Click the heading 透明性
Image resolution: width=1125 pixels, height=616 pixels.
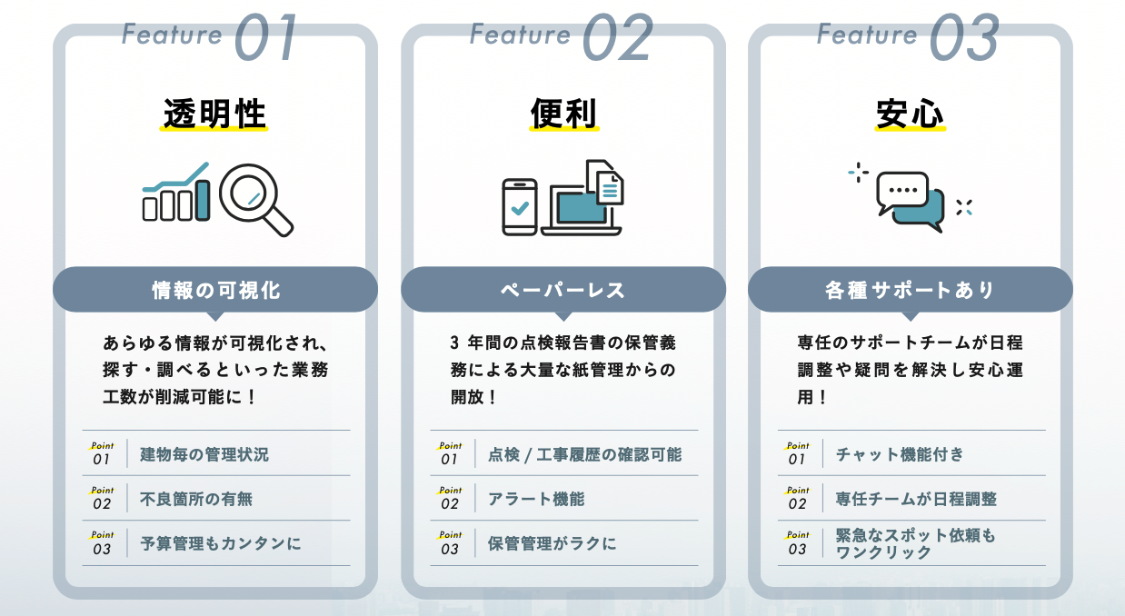coord(214,114)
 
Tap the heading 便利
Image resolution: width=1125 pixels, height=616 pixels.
coord(562,114)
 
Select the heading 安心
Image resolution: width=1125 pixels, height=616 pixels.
coord(910,114)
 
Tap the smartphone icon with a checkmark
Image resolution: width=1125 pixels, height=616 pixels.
coord(519,207)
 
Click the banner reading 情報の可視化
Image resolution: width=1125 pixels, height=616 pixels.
coord(215,290)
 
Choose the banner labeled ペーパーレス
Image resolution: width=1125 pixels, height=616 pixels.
coord(562,290)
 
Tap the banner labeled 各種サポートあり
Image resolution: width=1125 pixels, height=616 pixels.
coord(910,290)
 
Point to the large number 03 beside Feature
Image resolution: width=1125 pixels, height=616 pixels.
coord(964,38)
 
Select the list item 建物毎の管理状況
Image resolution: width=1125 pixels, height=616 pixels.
coord(204,453)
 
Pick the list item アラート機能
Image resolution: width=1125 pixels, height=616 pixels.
coord(535,499)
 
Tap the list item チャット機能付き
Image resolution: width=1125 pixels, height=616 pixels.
coord(900,453)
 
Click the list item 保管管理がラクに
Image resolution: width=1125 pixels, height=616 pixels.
coord(552,543)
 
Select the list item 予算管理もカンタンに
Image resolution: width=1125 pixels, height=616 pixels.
coord(220,543)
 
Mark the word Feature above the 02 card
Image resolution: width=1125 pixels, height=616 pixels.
coord(520,35)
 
